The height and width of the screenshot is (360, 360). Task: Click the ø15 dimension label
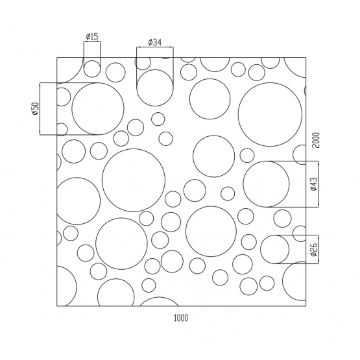(x=91, y=36)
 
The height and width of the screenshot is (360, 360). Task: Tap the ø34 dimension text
(x=154, y=42)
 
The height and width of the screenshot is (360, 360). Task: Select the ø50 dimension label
(x=35, y=109)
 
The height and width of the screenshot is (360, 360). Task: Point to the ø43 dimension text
(x=314, y=184)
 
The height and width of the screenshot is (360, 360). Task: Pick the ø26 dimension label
(x=314, y=249)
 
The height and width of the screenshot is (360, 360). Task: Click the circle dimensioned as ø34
(x=154, y=88)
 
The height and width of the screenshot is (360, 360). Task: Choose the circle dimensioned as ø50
(x=98, y=108)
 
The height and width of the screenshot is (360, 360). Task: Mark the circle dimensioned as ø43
(x=266, y=184)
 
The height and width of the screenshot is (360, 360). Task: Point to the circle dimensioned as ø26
(x=274, y=249)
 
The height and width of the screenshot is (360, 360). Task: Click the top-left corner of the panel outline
(x=57, y=57)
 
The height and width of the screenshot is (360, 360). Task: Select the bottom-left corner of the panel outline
(x=57, y=306)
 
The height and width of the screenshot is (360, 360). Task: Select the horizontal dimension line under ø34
(x=154, y=48)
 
